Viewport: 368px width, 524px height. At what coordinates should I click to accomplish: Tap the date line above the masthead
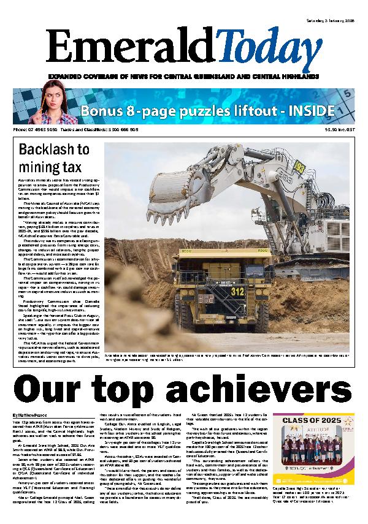pos(331,20)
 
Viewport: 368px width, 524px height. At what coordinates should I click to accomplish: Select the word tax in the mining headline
pos(76,167)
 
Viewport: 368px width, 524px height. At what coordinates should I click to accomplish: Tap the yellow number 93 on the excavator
pos(299,165)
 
